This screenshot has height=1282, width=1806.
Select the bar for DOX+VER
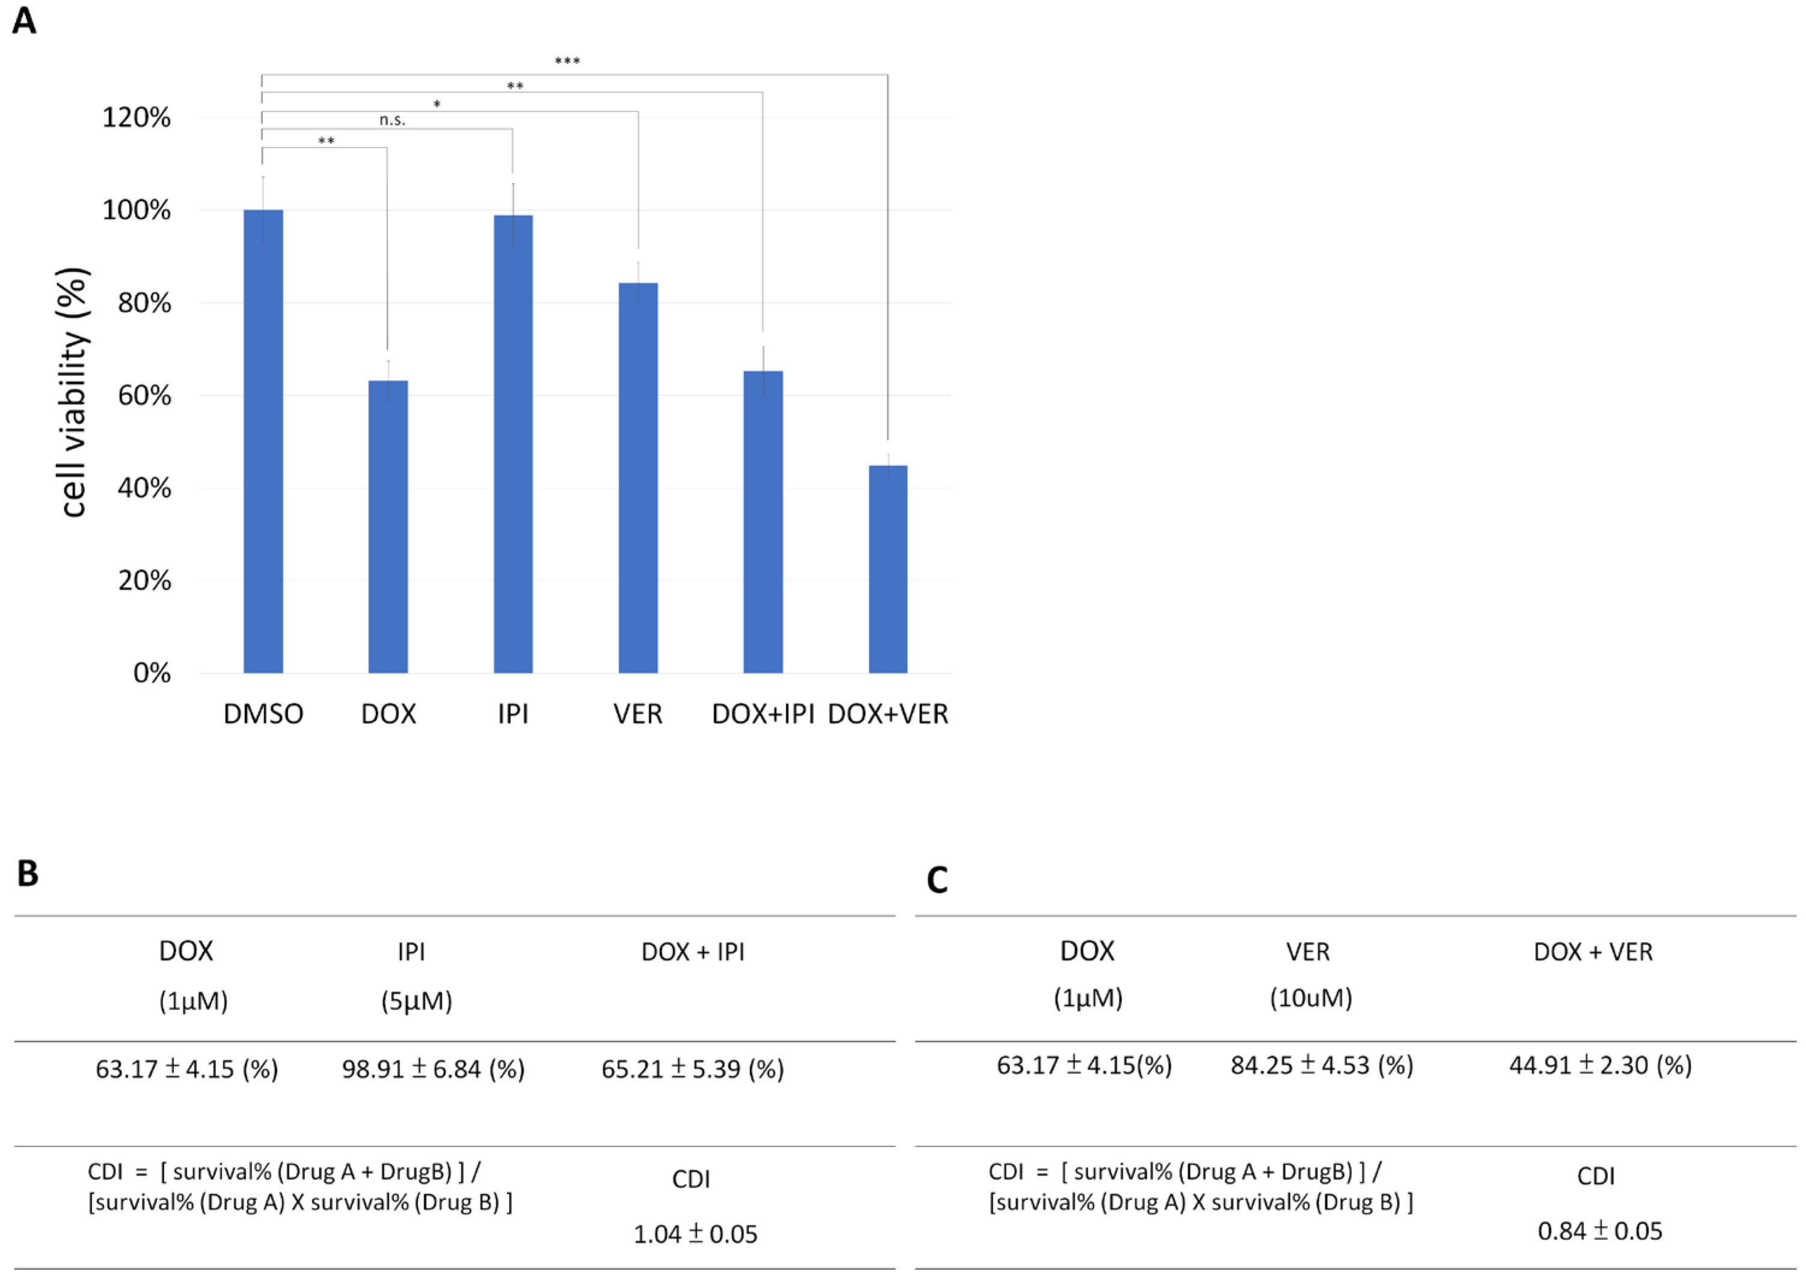[x=888, y=569]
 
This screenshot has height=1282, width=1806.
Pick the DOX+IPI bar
[x=762, y=521]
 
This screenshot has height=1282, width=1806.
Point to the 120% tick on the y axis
[x=137, y=118]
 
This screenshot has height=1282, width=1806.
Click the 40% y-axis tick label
[x=144, y=488]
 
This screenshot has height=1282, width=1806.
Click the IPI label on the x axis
[x=513, y=713]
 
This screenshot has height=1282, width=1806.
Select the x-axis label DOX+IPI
[x=762, y=713]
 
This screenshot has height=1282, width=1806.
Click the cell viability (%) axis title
[x=73, y=393]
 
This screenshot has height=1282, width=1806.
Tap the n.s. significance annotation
[x=392, y=120]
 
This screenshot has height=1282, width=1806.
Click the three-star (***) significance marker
[x=567, y=61]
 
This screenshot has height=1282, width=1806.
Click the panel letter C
[x=937, y=880]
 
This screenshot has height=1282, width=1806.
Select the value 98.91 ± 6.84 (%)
[x=433, y=1069]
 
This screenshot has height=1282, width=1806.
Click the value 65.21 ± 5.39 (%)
[x=692, y=1069]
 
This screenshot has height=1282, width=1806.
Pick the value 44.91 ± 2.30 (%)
[x=1600, y=1065]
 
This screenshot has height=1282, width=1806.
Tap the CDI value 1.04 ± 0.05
[x=695, y=1234]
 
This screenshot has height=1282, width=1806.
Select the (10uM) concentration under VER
[x=1310, y=998]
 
